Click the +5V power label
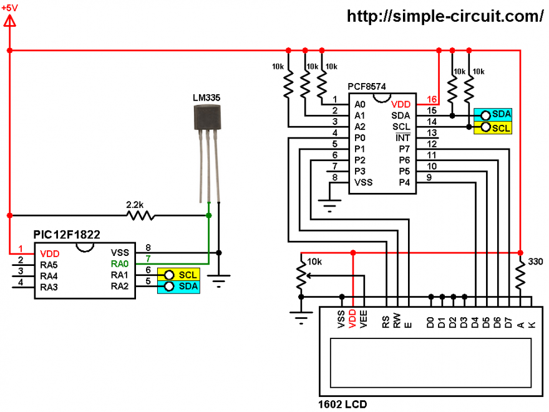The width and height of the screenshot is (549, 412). (x=9, y=7)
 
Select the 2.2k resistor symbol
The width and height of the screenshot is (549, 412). (x=140, y=215)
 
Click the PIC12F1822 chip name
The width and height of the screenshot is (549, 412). (x=67, y=234)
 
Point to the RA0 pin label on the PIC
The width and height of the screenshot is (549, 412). (x=120, y=264)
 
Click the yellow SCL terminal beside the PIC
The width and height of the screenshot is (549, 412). (x=178, y=275)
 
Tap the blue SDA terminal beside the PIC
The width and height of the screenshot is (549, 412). (x=178, y=287)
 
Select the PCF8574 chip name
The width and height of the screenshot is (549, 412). (x=367, y=87)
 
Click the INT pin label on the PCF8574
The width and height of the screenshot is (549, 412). (x=402, y=138)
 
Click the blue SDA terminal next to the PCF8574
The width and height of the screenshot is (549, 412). (x=493, y=115)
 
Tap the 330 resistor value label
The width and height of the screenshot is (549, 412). (x=535, y=262)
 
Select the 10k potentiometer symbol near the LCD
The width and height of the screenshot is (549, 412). (x=301, y=276)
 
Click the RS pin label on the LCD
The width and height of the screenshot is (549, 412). (x=386, y=322)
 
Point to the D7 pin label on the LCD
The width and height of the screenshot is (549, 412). (x=508, y=322)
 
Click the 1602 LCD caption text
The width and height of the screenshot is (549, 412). (x=343, y=405)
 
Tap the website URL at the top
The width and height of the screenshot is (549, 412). (x=445, y=16)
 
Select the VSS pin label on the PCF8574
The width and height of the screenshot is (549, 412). (x=364, y=182)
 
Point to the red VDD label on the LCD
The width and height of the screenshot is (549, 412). (x=352, y=319)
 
